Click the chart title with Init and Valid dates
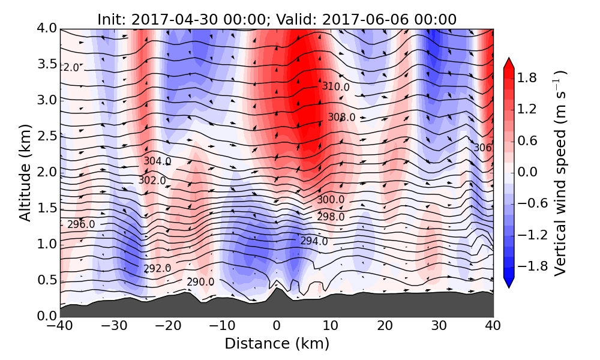(x=277, y=19)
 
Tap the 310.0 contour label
(x=335, y=86)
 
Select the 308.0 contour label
(x=341, y=117)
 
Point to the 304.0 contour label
(x=157, y=161)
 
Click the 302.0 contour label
(x=152, y=180)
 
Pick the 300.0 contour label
(x=331, y=199)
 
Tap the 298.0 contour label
(x=331, y=217)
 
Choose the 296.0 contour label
(x=81, y=224)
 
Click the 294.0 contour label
(x=314, y=241)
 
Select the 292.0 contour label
(x=157, y=268)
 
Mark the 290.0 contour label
(x=200, y=282)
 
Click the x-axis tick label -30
(x=114, y=327)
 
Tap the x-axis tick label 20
(x=385, y=327)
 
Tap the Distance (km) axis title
(x=277, y=344)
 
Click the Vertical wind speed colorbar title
(x=560, y=173)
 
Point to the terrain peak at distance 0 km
(x=277, y=289)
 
